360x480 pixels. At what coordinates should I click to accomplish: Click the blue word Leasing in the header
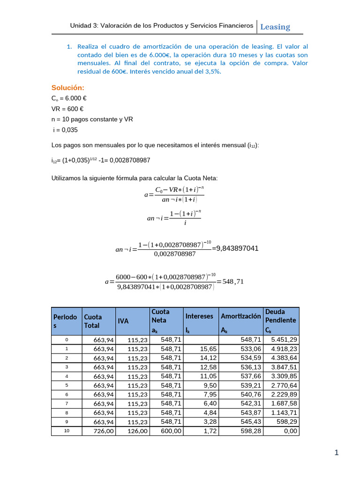pyautogui.click(x=275, y=27)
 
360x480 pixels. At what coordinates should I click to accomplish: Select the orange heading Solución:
pyautogui.click(x=67, y=88)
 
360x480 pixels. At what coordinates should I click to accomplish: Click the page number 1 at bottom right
pyautogui.click(x=336, y=452)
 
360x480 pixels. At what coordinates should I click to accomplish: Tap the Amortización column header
pyautogui.click(x=240, y=316)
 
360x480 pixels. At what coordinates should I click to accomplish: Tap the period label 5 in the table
pyautogui.click(x=67, y=385)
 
